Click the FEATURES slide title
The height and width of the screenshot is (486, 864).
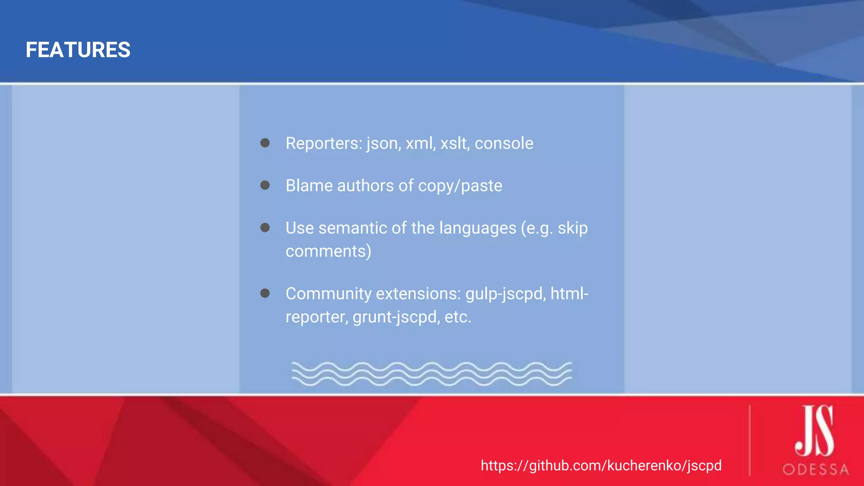pyautogui.click(x=78, y=50)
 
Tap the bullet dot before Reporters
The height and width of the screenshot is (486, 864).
pyautogui.click(x=265, y=143)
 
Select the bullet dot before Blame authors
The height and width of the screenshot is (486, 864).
pyautogui.click(x=265, y=185)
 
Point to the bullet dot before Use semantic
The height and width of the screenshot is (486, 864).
pyautogui.click(x=265, y=228)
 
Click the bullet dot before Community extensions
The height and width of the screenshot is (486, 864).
pyautogui.click(x=265, y=293)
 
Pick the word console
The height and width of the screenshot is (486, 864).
pyautogui.click(x=504, y=143)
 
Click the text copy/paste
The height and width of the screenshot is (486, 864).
pyautogui.click(x=460, y=186)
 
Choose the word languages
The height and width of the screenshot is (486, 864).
pyautogui.click(x=478, y=228)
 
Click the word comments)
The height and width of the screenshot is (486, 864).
pyautogui.click(x=328, y=251)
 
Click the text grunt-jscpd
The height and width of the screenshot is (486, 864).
pyautogui.click(x=394, y=317)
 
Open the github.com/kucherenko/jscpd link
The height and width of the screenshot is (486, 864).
pyautogui.click(x=601, y=465)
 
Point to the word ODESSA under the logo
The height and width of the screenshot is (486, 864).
pyautogui.click(x=815, y=470)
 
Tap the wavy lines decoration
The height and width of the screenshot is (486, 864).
pyautogui.click(x=432, y=374)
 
